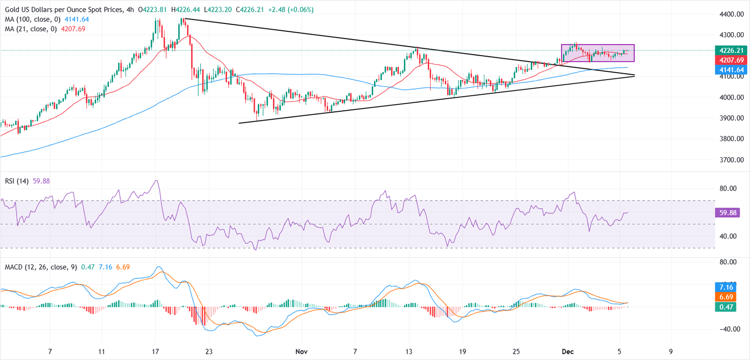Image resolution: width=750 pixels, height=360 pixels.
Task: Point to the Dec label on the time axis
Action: (567, 351)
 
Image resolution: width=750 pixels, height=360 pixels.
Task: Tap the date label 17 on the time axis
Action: (155, 351)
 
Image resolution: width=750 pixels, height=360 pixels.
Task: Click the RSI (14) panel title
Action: (16, 181)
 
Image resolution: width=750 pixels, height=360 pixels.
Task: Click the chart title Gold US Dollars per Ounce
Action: (59, 10)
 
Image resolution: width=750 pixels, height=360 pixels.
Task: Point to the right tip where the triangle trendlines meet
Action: (634, 75)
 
